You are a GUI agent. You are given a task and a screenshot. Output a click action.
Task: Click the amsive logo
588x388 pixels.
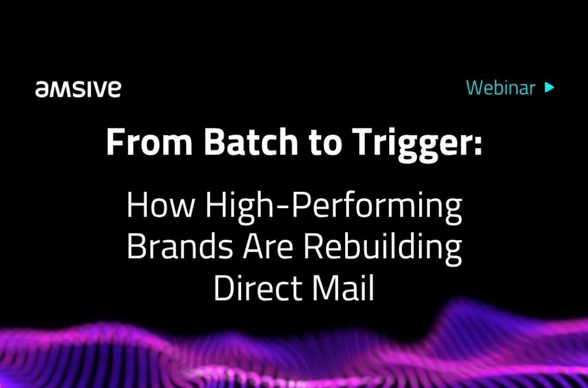78,89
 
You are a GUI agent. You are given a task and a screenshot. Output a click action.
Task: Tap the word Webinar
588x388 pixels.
501,87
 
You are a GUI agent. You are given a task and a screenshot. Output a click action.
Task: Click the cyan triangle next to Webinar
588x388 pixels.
550,87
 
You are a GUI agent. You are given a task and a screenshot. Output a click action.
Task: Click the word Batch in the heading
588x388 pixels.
251,142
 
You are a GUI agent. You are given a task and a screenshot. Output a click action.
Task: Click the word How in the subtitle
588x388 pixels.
161,206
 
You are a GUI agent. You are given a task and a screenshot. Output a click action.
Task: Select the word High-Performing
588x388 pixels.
334,208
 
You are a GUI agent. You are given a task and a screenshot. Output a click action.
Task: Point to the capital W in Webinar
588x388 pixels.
475,88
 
